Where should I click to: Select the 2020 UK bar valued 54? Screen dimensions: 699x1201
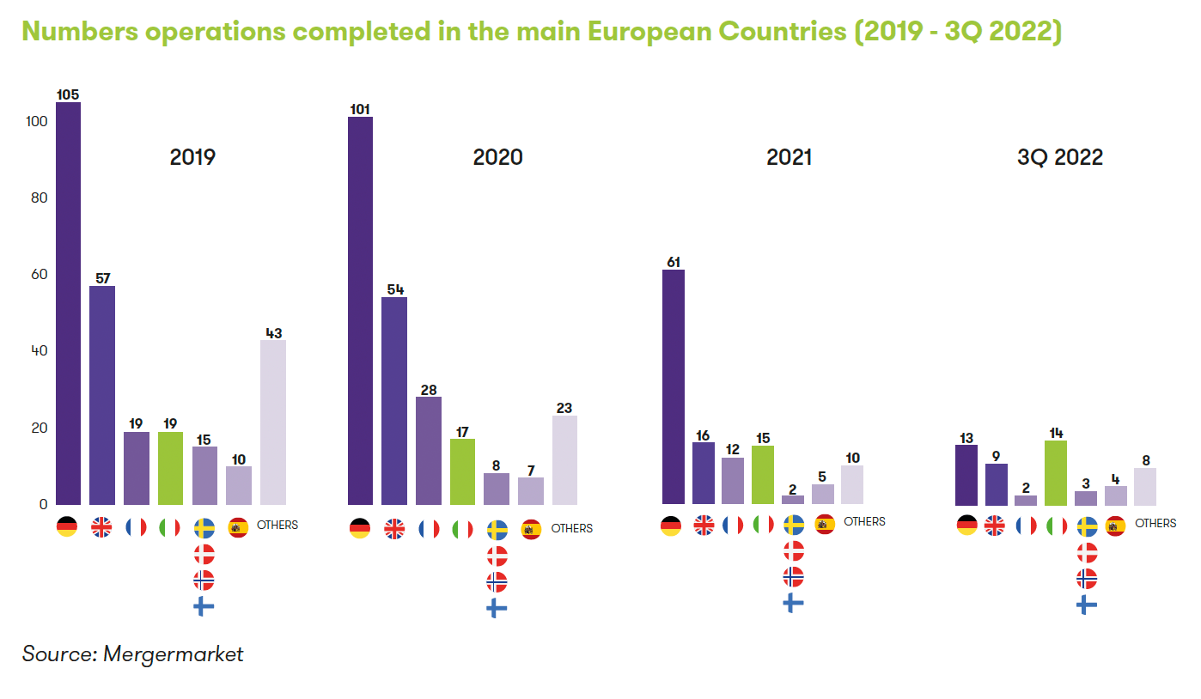(394, 400)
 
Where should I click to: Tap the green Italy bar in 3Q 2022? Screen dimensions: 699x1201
(1055, 472)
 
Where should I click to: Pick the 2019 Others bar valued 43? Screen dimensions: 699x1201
(273, 422)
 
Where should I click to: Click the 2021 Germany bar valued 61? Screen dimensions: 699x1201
(674, 386)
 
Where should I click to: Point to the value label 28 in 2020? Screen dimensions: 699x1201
(429, 390)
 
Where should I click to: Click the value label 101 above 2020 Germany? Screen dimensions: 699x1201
(360, 109)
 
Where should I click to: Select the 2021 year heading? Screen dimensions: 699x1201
(788, 157)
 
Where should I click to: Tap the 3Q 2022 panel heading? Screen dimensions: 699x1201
(1059, 157)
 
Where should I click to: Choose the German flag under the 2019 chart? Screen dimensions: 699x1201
(67, 526)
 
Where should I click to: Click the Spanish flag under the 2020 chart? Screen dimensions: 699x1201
(531, 528)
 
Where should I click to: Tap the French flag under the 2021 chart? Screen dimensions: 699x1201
(733, 525)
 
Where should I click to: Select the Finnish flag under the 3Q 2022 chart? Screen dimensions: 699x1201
(1087, 605)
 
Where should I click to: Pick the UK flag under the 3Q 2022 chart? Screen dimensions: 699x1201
(995, 525)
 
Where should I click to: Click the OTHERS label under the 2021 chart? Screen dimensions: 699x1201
(864, 521)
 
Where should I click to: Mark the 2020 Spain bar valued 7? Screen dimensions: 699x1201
(531, 490)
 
